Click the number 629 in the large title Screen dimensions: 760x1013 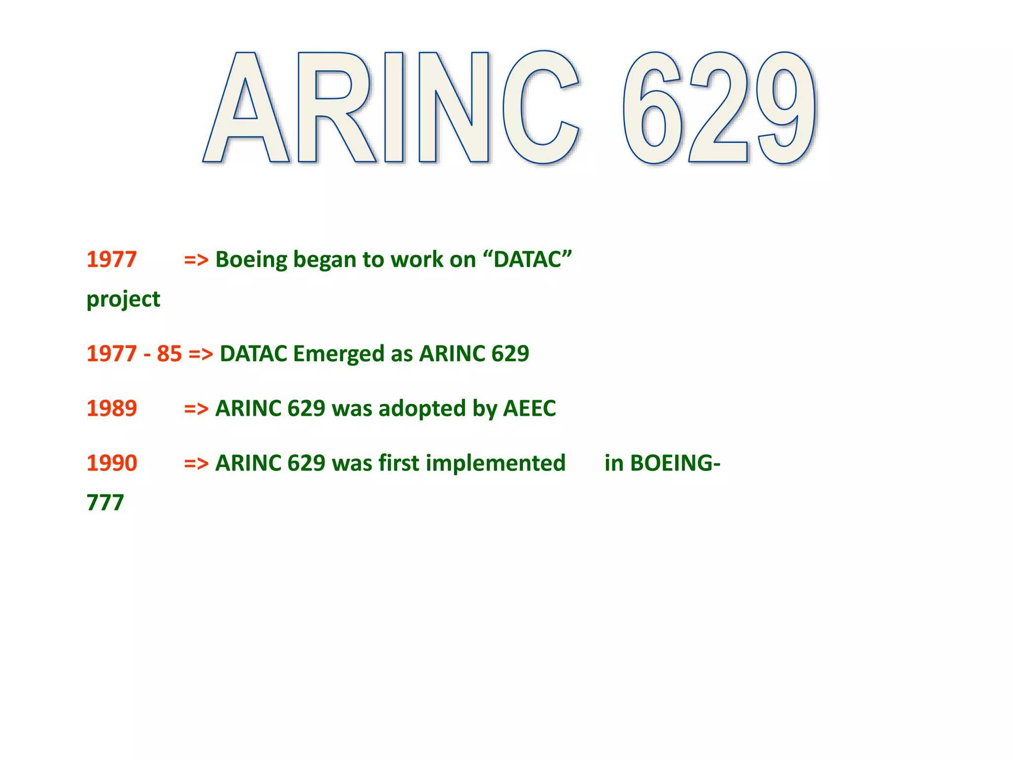[719, 108]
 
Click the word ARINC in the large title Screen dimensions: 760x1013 [391, 108]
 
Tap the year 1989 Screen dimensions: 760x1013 [112, 409]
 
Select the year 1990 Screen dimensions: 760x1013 [112, 464]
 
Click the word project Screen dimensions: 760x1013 [123, 300]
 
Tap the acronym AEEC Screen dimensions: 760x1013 [529, 409]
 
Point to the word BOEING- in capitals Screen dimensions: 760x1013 [662, 464]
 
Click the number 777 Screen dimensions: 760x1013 [105, 503]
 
